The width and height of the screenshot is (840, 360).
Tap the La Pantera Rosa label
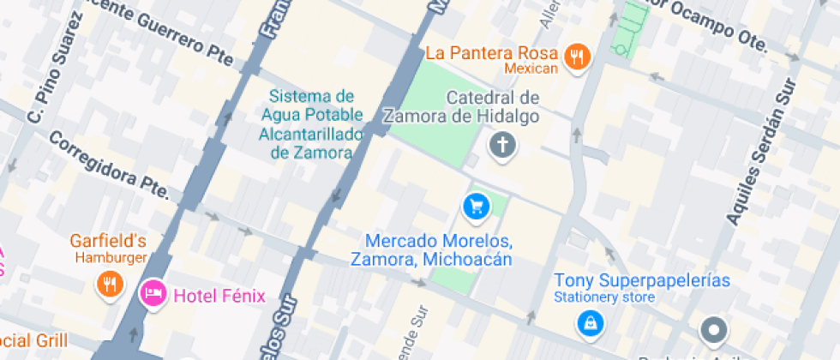492,53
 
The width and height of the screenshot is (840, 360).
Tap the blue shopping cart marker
476,207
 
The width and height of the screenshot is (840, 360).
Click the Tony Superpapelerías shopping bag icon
591,322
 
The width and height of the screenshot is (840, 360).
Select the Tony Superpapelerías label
641,280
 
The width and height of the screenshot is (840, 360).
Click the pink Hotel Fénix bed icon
153,293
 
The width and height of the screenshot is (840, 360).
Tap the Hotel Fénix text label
219,297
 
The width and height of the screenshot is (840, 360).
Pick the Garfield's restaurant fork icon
108,283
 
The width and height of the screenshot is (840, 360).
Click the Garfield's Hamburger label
108,248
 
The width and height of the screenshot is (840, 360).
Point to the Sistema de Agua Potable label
311,124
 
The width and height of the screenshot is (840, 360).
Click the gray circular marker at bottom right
713,330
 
